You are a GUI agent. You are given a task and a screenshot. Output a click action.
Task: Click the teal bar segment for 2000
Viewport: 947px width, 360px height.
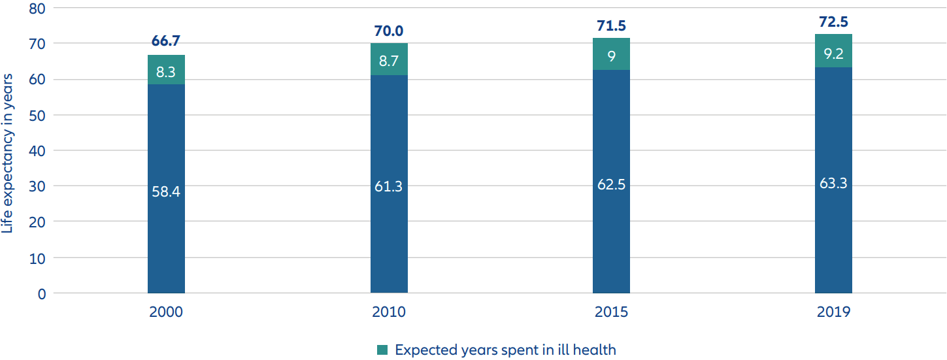(166, 70)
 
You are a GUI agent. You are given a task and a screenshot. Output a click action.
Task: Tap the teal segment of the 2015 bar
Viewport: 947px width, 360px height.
(611, 54)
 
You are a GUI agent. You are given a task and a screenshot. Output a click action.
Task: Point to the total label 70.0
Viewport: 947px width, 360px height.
(389, 30)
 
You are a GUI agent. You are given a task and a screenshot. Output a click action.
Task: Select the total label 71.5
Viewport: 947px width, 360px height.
(611, 25)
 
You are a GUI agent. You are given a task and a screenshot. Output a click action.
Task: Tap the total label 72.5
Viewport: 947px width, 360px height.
(833, 22)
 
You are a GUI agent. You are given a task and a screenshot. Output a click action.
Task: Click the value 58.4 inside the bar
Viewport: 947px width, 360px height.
(166, 193)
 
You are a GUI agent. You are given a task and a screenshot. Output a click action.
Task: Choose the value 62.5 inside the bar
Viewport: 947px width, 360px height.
(611, 185)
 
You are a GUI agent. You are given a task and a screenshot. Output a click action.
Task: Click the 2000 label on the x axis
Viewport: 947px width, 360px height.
(166, 312)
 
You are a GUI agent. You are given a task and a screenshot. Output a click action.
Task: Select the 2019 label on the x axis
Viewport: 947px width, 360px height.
(833, 312)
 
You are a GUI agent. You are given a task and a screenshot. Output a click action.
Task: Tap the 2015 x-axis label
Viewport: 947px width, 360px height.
(611, 312)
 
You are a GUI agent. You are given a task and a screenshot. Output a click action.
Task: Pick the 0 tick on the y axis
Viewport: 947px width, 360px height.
(41, 293)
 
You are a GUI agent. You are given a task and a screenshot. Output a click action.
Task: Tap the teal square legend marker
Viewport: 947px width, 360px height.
(383, 350)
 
